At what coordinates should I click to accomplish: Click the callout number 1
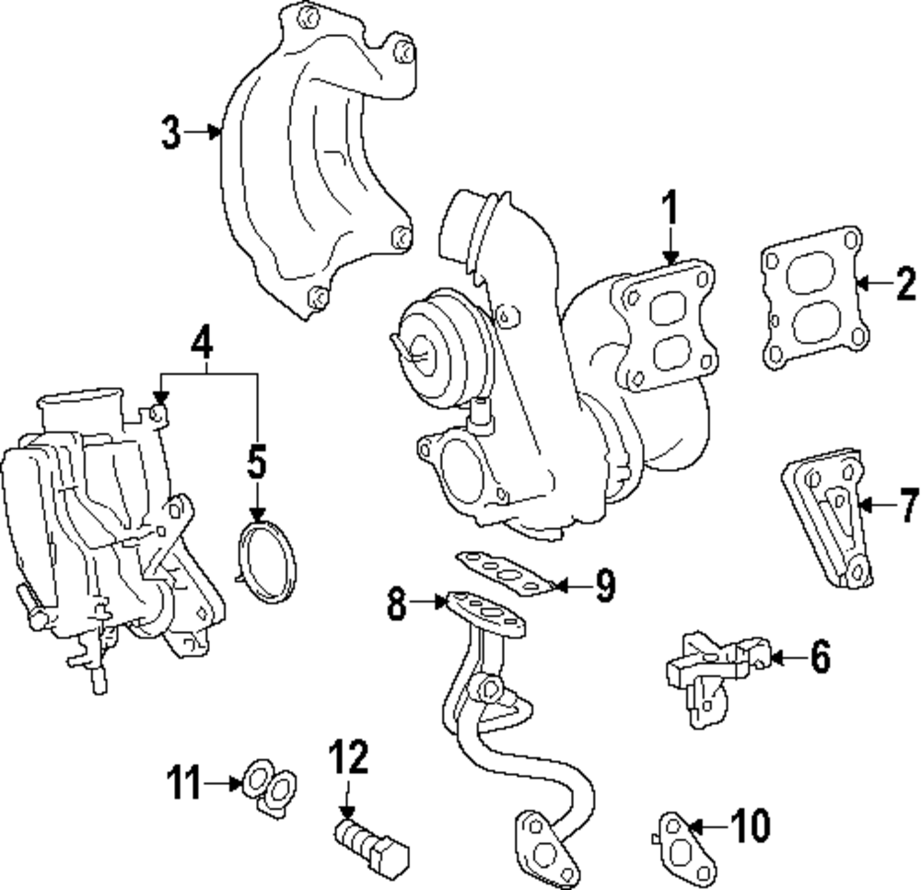[670, 211]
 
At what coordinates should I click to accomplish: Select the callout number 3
[170, 134]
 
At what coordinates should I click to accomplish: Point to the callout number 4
[204, 345]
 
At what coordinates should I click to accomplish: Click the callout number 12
[348, 758]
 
